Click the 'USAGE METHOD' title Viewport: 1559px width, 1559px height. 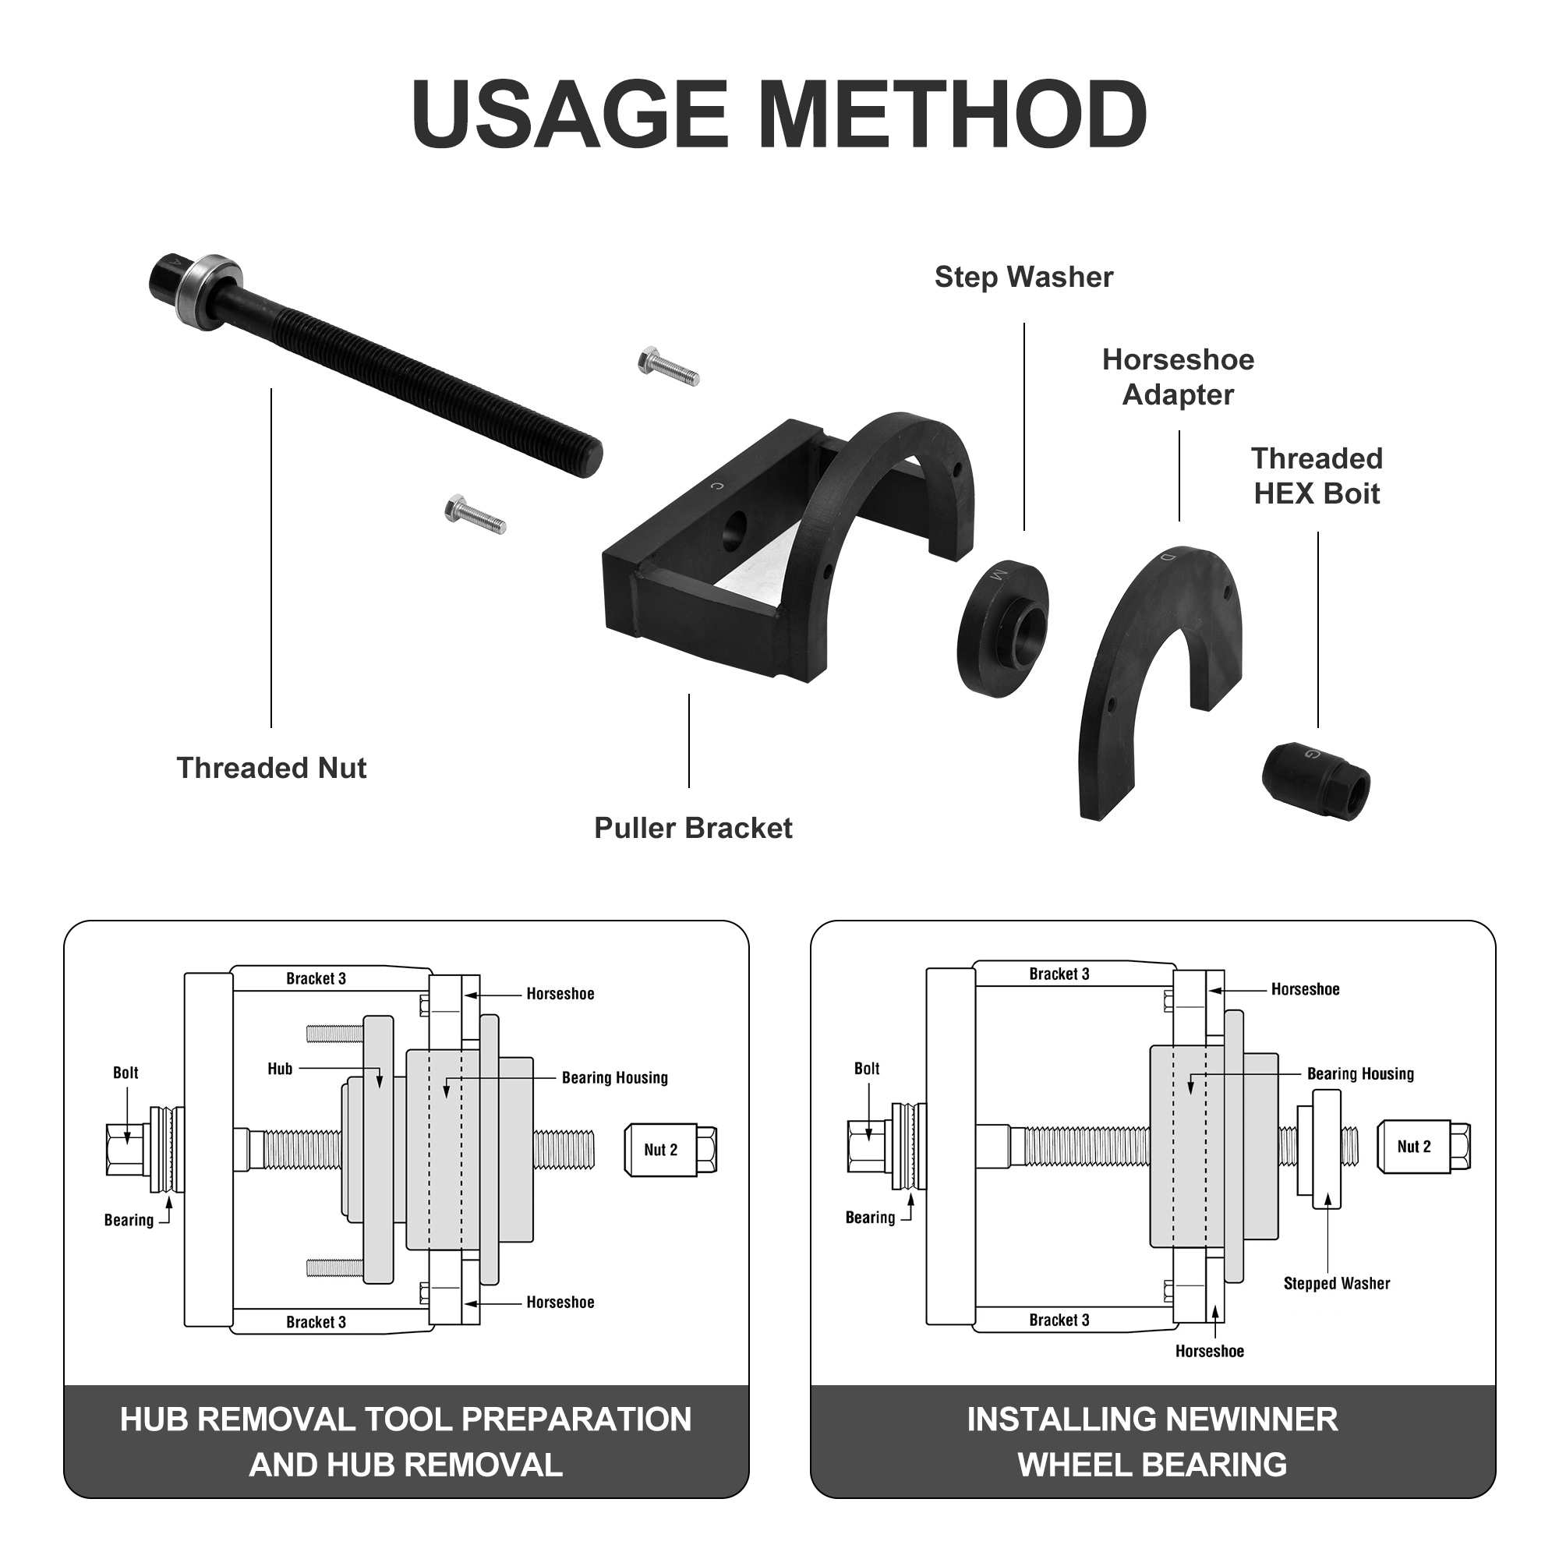779,115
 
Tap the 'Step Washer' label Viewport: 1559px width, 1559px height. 1023,278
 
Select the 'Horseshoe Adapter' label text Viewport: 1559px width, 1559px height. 1177,376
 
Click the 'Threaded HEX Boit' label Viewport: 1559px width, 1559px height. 1316,476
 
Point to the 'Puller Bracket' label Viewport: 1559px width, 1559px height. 692,829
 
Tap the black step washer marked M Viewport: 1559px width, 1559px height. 1003,627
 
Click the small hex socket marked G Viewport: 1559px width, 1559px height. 1315,779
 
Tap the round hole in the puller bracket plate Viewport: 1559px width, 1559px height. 736,530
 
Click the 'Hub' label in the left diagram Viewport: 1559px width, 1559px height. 280,1069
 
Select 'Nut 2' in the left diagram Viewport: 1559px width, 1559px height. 661,1150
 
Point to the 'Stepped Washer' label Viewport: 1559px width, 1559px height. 1336,1283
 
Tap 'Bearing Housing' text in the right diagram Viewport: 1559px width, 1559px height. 1359,1074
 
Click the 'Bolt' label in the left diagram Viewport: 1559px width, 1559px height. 125,1073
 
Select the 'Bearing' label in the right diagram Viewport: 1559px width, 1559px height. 870,1218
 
